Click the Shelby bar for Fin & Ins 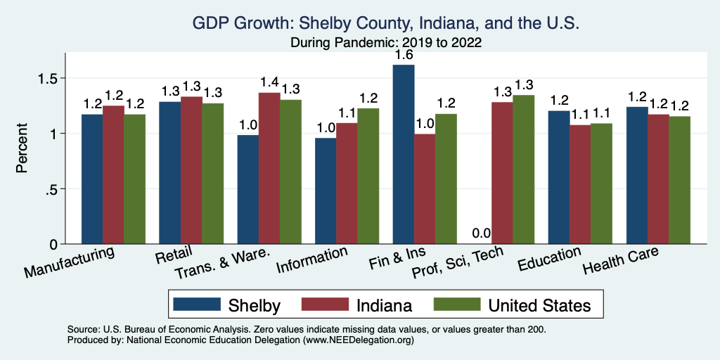pyautogui.click(x=404, y=155)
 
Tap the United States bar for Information pyautogui.click(x=368, y=176)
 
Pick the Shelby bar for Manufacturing pyautogui.click(x=92, y=179)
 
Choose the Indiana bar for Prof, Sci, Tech pyautogui.click(x=502, y=173)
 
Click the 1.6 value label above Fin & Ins pyautogui.click(x=404, y=54)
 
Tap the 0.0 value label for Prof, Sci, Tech pyautogui.click(x=481, y=233)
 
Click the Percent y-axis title pyautogui.click(x=23, y=149)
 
